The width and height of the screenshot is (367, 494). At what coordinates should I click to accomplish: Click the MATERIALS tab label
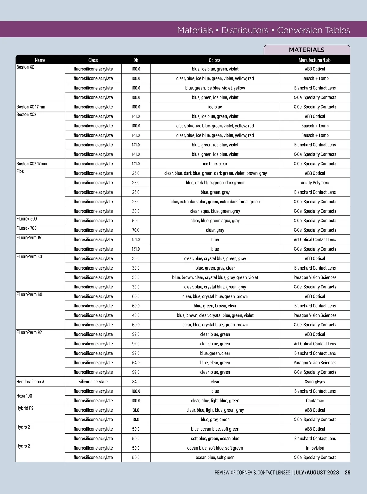[307, 50]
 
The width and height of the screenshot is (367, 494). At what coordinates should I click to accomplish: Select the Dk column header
[136, 60]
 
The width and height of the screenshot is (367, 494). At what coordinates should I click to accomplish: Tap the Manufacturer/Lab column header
[315, 60]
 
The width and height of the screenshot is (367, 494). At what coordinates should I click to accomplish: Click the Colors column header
[215, 60]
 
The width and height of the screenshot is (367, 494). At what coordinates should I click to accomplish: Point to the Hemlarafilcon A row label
[31, 382]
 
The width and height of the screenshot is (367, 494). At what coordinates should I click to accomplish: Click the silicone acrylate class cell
[93, 382]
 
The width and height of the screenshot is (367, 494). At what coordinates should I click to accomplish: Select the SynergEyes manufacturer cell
[315, 382]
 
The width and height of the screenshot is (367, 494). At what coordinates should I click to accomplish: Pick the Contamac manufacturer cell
[315, 401]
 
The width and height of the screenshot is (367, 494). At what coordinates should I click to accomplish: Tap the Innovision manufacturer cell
[315, 448]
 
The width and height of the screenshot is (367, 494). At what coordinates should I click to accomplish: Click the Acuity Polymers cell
[315, 183]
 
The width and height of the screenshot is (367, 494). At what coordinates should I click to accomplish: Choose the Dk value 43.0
[136, 315]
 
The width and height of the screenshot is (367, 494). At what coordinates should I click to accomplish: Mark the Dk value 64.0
[136, 363]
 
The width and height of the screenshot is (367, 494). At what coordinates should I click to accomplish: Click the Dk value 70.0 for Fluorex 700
[136, 230]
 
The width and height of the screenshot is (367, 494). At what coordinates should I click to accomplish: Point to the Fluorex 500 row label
[27, 219]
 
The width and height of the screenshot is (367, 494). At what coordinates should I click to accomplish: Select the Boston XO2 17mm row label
[32, 164]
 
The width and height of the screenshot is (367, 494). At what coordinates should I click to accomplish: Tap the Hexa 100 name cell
[24, 396]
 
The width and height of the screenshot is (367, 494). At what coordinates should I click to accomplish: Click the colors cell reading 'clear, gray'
[215, 230]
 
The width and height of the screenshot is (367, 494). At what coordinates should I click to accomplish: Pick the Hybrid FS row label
[25, 408]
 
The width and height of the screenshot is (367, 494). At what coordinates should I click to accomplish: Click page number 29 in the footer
[347, 473]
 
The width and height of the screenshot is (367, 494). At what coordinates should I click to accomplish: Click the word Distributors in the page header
[245, 30]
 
